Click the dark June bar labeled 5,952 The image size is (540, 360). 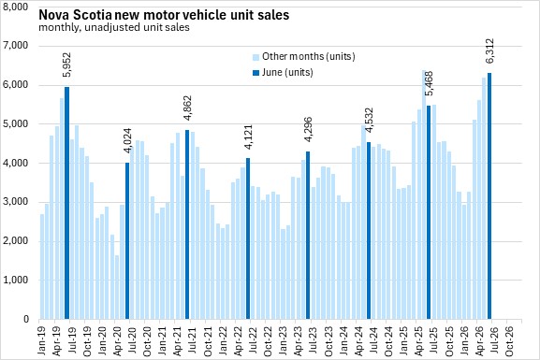[66, 203]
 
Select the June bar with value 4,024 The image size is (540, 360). [127, 241]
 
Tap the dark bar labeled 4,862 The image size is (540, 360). [187, 224]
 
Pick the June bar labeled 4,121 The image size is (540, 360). [248, 238]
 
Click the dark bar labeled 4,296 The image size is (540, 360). [308, 236]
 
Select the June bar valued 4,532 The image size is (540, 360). [369, 231]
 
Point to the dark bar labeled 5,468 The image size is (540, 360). [429, 212]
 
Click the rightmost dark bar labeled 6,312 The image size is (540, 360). [489, 196]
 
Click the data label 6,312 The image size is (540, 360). [489, 50]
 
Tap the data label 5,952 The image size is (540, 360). [66, 65]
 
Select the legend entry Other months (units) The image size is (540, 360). [304, 56]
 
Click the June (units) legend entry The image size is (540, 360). [283, 73]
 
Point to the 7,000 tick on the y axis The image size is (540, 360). [16, 46]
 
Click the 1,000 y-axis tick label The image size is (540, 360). [16, 281]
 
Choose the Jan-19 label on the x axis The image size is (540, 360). [41, 339]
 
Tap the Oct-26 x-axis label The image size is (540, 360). [509, 340]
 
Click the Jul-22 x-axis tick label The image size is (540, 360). [253, 339]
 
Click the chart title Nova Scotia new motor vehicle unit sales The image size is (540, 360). [164, 15]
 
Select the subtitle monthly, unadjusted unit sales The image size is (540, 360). [114, 27]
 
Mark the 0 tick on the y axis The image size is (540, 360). [26, 320]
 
